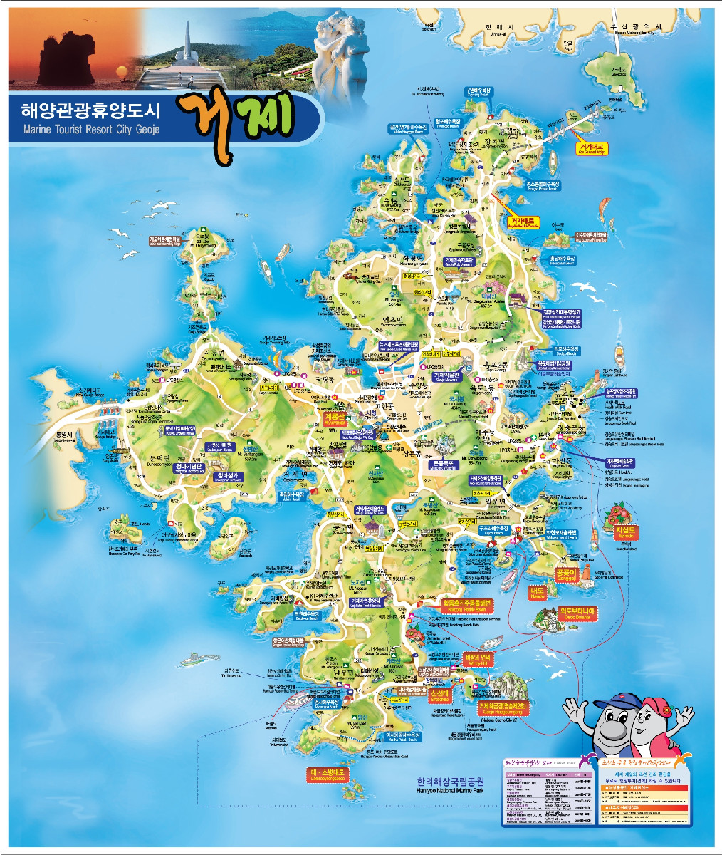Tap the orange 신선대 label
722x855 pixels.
[441, 694]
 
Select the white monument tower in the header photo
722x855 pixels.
[186, 41]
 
